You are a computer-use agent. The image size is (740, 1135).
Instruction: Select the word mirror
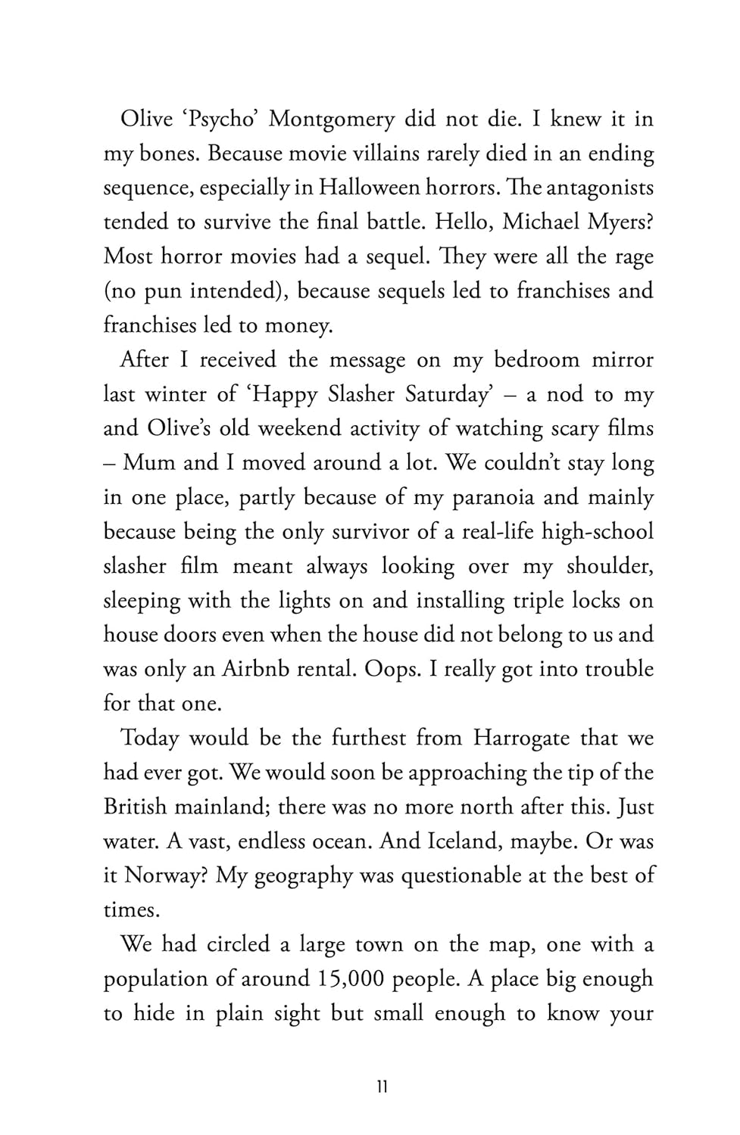tap(622, 359)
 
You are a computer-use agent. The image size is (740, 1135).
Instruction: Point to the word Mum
tap(148, 462)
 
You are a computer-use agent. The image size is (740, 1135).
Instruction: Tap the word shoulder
tap(609, 566)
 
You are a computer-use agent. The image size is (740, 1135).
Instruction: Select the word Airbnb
tap(256, 669)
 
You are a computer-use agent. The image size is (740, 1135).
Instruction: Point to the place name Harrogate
tap(521, 738)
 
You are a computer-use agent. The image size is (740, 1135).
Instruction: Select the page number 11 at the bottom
tap(382, 1087)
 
